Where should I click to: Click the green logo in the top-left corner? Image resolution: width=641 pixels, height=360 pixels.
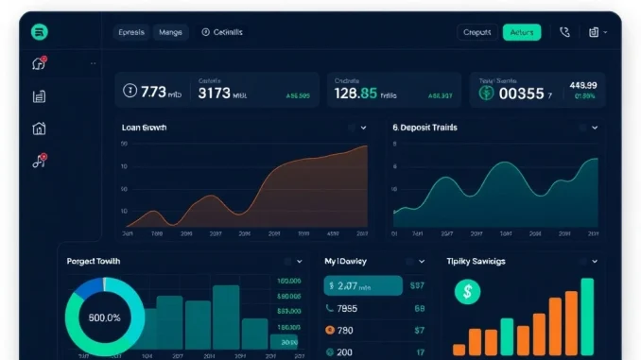(x=40, y=32)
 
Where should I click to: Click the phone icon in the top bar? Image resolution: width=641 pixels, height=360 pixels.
(x=564, y=32)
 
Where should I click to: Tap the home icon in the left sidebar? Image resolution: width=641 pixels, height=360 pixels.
(x=39, y=129)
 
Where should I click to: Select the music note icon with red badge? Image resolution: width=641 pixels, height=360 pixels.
(x=39, y=161)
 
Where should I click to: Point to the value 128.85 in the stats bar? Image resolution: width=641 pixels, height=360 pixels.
(x=355, y=94)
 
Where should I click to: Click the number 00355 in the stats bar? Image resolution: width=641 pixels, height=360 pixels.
(x=521, y=94)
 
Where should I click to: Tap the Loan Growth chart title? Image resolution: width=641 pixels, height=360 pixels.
(x=144, y=127)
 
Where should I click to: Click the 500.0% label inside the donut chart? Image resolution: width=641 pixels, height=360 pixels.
(x=104, y=317)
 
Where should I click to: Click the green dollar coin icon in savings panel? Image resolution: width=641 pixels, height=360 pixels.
(x=467, y=293)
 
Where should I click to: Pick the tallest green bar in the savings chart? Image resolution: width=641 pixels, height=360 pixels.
(x=587, y=317)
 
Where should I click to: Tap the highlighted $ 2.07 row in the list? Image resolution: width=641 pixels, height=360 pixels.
(x=363, y=284)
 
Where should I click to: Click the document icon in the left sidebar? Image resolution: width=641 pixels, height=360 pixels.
(x=39, y=96)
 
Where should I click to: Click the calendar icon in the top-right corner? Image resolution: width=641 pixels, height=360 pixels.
(x=594, y=32)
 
